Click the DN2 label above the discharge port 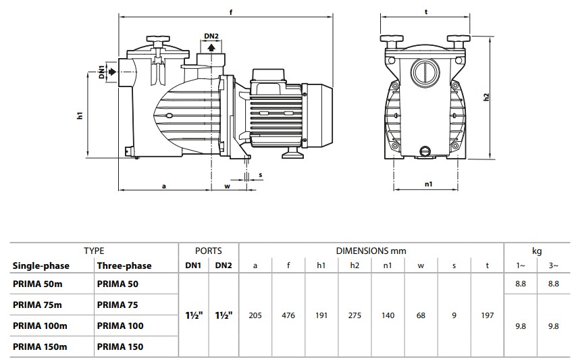coord(211,36)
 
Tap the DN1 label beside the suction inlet coord(102,72)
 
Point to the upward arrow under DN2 coord(211,47)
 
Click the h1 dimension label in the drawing coord(80,115)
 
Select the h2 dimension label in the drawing coord(486,97)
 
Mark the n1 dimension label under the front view coord(428,184)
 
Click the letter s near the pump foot coord(260,175)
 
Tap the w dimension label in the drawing coord(228,186)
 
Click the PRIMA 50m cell coord(38,284)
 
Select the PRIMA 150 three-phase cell coord(120,346)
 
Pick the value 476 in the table coord(288,315)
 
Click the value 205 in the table coord(255,315)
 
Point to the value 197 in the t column coord(488,315)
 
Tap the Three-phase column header coord(124,266)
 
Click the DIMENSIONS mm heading coord(371,251)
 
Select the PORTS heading coord(208,251)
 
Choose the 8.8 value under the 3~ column coord(554,284)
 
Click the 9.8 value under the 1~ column coord(521,326)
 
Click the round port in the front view coord(425,72)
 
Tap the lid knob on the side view coord(158,38)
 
